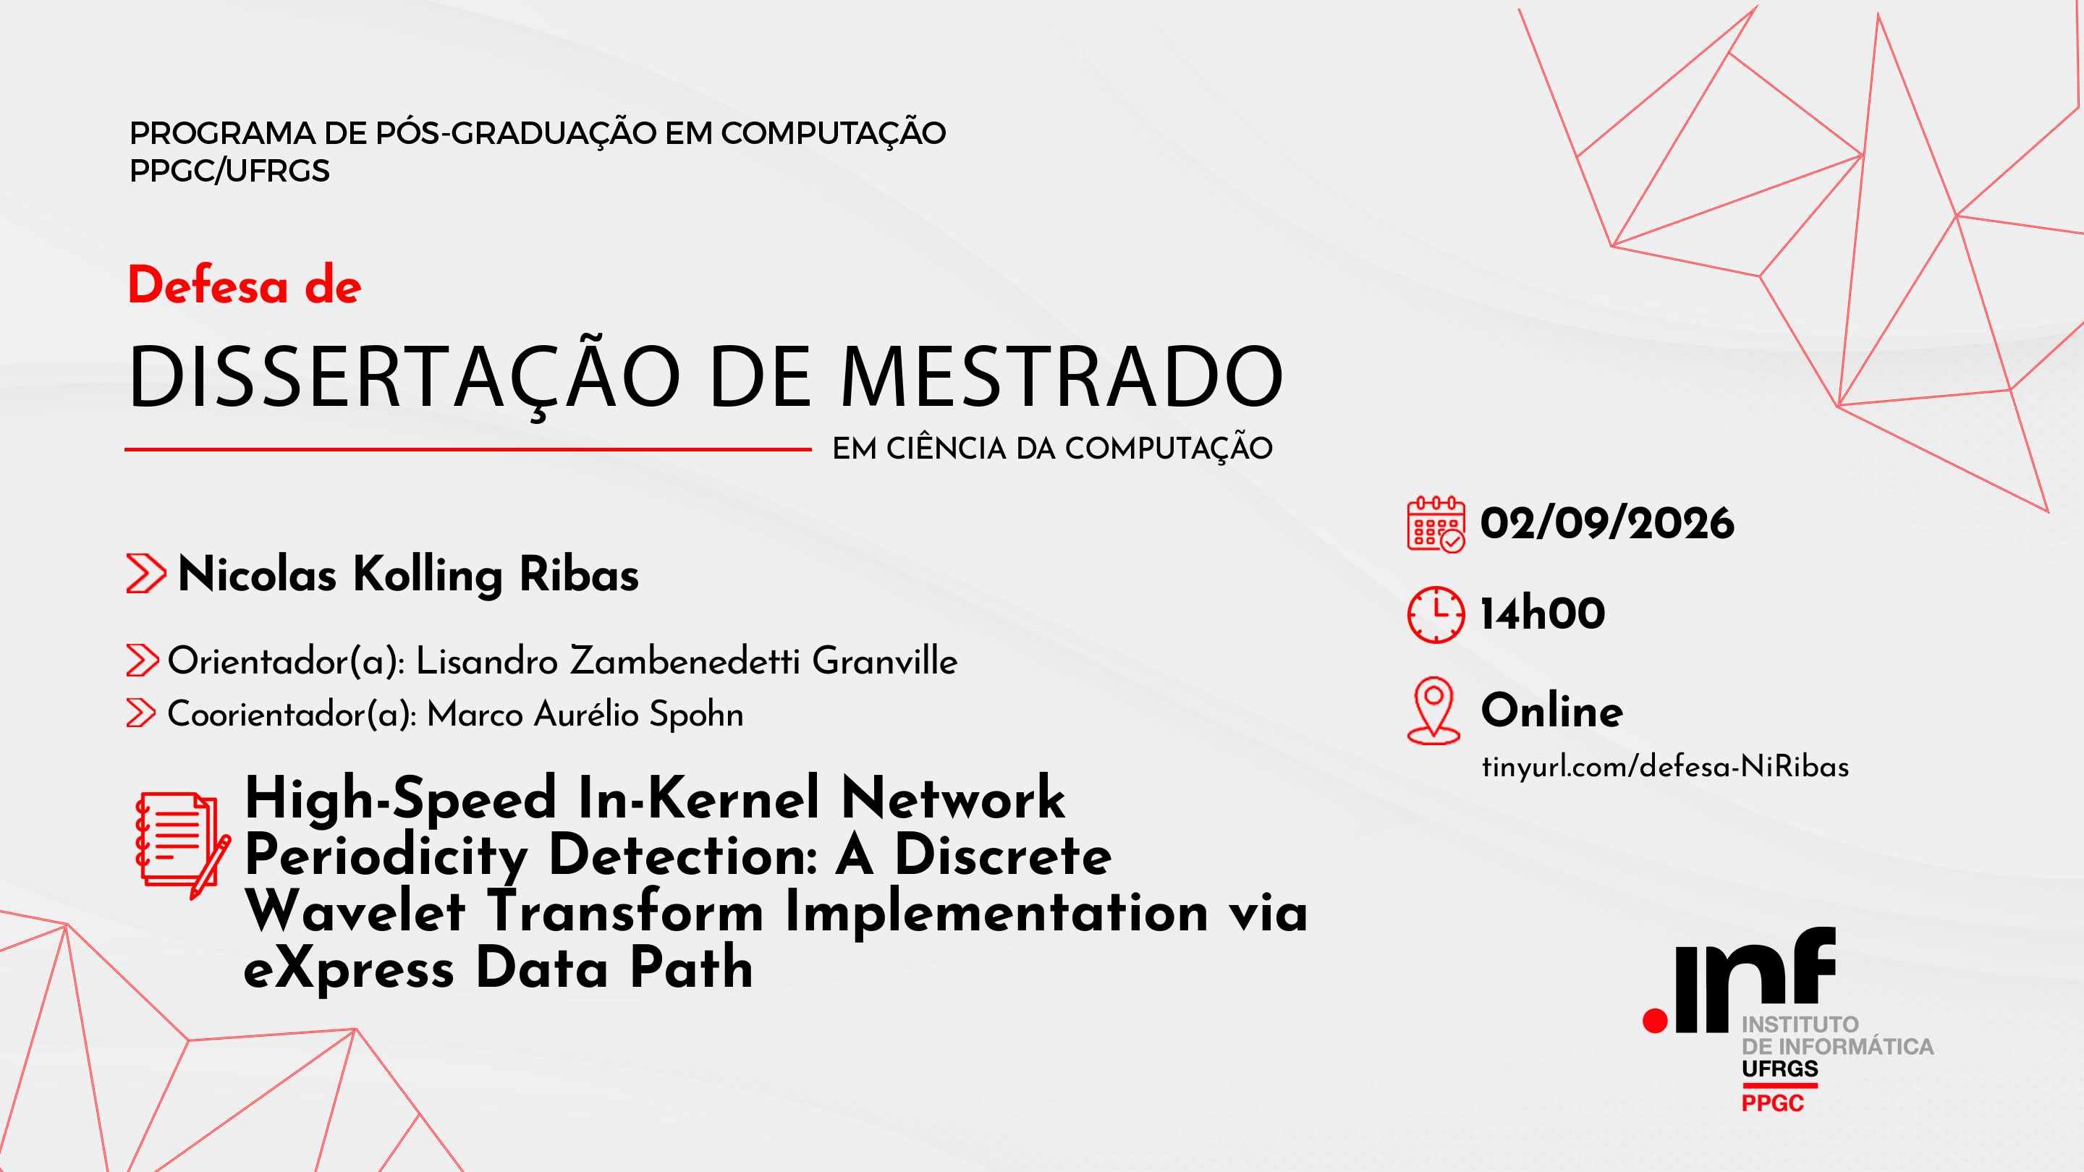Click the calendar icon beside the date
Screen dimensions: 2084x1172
pos(1436,524)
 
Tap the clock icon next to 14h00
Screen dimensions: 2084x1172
pos(1436,615)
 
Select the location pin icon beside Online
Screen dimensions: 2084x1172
pos(1433,710)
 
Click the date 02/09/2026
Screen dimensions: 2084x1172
pos(1606,523)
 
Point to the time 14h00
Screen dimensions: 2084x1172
pos(1543,613)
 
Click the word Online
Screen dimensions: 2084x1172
pos(1551,710)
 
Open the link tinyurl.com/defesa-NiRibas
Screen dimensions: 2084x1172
pos(1665,766)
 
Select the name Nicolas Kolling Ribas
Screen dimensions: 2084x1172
pos(407,575)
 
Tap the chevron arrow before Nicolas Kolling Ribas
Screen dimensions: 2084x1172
pos(146,574)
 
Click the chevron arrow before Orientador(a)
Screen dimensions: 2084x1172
pos(143,660)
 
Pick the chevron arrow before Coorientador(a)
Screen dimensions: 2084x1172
pos(141,713)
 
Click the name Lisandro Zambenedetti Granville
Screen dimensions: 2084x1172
pos(687,661)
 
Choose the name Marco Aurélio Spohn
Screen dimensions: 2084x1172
pos(585,714)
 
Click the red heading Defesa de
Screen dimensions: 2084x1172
pos(245,286)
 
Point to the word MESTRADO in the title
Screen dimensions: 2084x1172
pos(1062,377)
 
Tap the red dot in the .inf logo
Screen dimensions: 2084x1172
pos(1655,1021)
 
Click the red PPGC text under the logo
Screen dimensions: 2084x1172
pos(1773,1103)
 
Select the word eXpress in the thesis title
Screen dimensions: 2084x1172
pos(349,968)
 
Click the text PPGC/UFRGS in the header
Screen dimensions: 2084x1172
pos(230,171)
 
